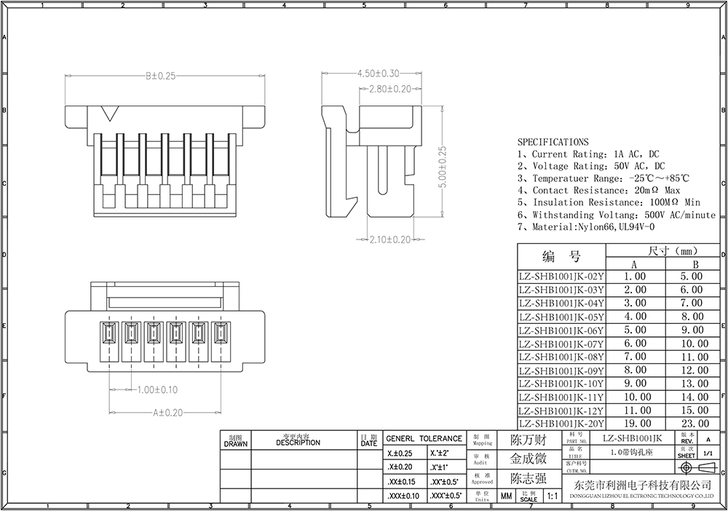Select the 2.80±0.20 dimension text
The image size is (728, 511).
coord(386,89)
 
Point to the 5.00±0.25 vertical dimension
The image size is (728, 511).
coord(442,167)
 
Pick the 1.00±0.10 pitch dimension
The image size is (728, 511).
coord(157,390)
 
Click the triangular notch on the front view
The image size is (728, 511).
coord(111,114)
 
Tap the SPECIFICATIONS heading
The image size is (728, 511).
coord(553,142)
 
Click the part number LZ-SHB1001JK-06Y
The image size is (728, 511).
coord(561,330)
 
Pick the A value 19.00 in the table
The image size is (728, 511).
coord(634,424)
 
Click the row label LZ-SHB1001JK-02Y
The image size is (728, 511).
coord(561,277)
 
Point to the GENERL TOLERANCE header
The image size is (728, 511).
coord(424,439)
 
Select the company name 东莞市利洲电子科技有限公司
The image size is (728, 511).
coord(630,486)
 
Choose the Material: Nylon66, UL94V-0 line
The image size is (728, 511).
coord(580,227)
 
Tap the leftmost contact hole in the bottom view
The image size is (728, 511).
coord(109,336)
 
